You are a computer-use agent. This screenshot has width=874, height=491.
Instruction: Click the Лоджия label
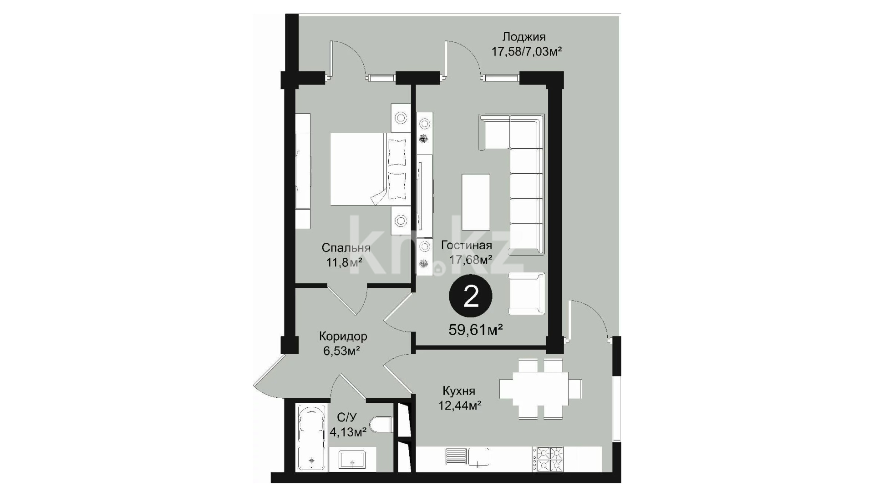(x=524, y=37)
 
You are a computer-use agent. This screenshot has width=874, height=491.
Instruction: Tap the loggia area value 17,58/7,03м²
(x=526, y=51)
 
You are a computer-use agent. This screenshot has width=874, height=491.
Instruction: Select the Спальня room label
(x=346, y=248)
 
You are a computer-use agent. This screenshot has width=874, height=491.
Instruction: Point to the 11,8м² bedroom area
(x=344, y=262)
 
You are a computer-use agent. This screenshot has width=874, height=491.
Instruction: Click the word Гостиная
(x=467, y=245)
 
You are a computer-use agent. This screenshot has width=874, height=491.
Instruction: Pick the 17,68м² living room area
(x=471, y=260)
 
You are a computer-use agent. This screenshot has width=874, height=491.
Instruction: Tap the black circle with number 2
(x=471, y=297)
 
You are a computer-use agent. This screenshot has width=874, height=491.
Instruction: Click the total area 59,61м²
(x=476, y=330)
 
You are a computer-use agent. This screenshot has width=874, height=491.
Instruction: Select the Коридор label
(x=343, y=337)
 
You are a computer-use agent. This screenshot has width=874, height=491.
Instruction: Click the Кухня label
(x=459, y=391)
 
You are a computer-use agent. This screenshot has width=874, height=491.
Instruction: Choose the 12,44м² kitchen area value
(x=460, y=405)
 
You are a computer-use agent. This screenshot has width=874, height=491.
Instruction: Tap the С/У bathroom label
(x=347, y=417)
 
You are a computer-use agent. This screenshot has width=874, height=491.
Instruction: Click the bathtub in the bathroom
(x=311, y=438)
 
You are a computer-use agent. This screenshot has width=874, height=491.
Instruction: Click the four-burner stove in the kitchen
(x=550, y=460)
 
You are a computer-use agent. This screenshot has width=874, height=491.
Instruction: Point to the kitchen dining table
(x=534, y=389)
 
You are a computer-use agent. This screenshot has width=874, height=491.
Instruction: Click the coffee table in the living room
(x=476, y=202)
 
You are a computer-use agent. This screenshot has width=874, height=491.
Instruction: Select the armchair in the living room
(x=527, y=293)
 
